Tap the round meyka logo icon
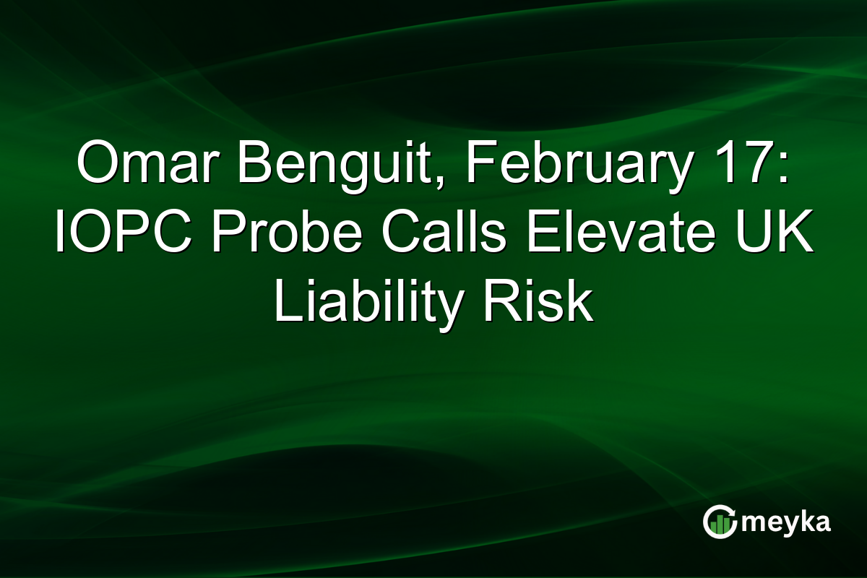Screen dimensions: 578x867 point(719,522)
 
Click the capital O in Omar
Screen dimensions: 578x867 point(97,165)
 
